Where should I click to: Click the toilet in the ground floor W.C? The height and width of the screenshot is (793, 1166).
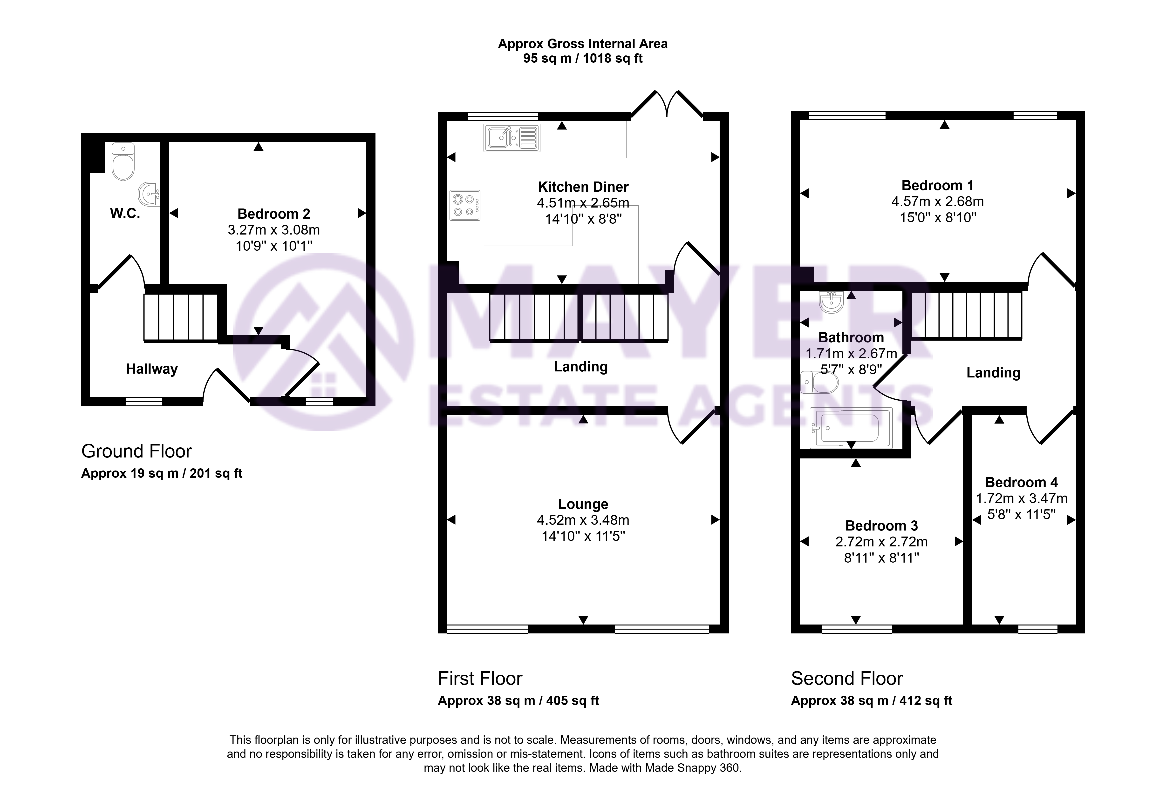coord(123,161)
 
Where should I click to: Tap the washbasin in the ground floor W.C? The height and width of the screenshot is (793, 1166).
coord(150,194)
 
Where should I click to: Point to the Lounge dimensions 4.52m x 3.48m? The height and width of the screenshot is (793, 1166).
coord(583,520)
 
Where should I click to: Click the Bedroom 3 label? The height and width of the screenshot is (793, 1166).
coord(881,526)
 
